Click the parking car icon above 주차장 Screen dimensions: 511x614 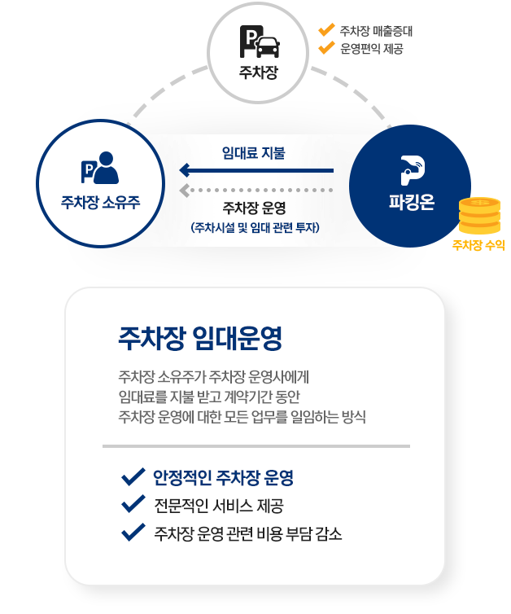pos(258,42)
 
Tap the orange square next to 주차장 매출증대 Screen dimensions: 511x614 pos(327,31)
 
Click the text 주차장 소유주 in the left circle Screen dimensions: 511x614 pos(100,201)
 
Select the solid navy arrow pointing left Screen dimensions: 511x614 pos(256,171)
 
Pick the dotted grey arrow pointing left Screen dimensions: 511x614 pos(256,191)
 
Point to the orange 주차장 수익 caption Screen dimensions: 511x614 pos(478,243)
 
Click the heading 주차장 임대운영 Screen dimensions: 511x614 pos(200,337)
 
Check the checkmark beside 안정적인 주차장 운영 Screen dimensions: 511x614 pos(131,476)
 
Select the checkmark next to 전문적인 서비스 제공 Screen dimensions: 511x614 pos(131,505)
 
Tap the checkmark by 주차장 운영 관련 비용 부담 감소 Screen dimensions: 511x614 pos(131,534)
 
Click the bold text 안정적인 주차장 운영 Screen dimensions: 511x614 pos(223,477)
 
